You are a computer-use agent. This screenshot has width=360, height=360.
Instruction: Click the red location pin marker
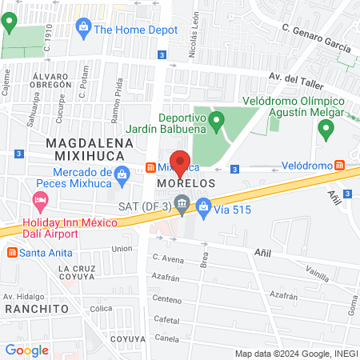pos(180,163)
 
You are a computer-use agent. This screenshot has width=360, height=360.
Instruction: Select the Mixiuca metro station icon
pos(150,169)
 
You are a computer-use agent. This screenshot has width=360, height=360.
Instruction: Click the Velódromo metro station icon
pos(340,166)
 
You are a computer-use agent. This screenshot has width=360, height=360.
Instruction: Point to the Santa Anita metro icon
pos(12,253)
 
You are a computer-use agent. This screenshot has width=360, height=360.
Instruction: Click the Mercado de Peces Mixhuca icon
pos(122,174)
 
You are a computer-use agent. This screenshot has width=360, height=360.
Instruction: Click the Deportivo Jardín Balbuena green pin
pos(216,122)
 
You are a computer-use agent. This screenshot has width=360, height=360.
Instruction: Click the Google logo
pos(26,350)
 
